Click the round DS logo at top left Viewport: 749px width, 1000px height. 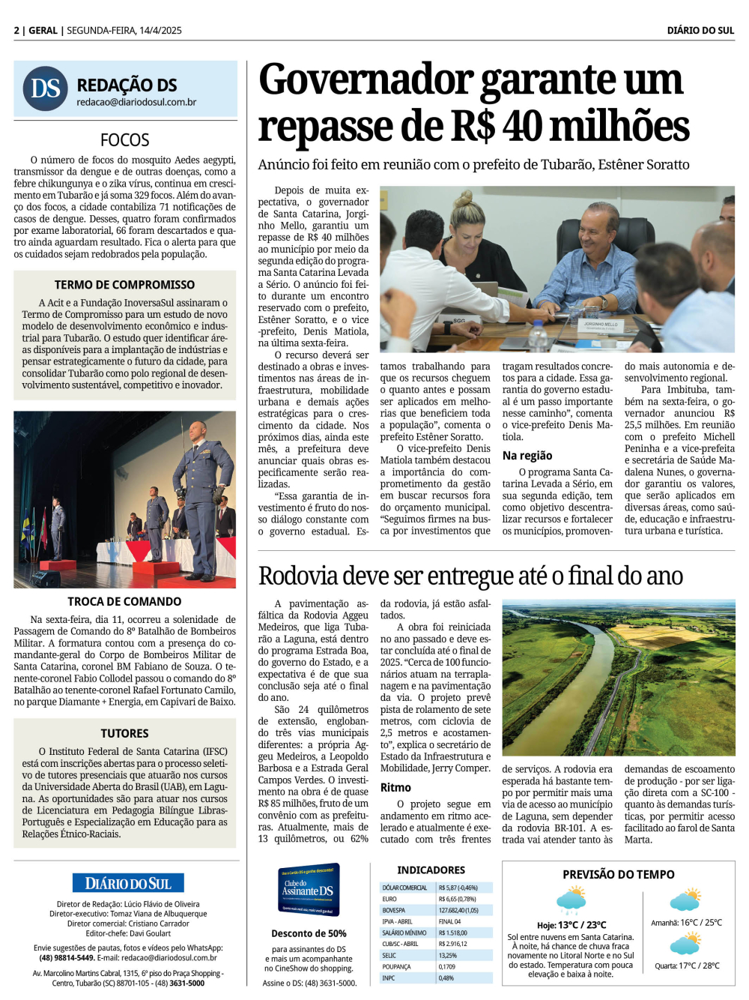click(46, 88)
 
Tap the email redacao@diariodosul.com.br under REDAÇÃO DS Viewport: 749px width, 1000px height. click(136, 103)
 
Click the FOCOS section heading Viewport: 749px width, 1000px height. click(125, 140)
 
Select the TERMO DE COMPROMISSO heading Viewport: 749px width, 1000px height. click(124, 285)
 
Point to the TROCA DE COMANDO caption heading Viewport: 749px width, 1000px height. click(124, 601)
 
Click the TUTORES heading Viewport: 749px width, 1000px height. click(125, 733)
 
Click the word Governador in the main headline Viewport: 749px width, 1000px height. click(366, 80)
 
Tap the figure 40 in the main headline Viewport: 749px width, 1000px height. click(522, 127)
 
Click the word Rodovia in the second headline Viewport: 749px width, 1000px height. click(297, 576)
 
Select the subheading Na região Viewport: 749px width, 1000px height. click(527, 456)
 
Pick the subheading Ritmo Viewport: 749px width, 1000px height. click(395, 788)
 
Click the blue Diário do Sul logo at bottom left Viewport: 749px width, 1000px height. click(128, 883)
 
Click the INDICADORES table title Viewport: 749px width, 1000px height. click(431, 870)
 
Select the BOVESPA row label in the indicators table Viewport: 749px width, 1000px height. click(394, 910)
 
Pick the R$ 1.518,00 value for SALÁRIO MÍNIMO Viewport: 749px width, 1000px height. click(453, 933)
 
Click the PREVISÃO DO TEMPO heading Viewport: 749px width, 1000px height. click(619, 874)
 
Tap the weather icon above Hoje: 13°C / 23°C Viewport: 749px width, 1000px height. click(571, 899)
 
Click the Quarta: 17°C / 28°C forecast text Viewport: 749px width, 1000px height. click(687, 966)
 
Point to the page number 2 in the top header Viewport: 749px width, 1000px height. click(16, 31)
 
